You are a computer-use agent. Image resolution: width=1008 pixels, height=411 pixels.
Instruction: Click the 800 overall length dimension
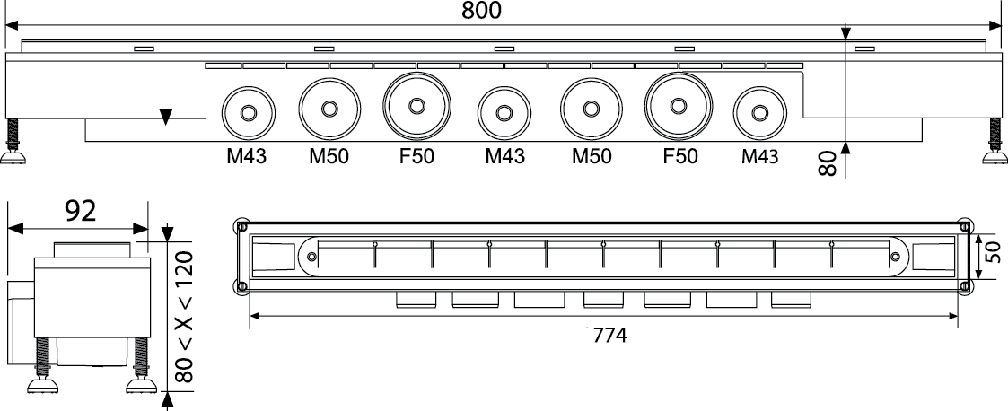pos(481,10)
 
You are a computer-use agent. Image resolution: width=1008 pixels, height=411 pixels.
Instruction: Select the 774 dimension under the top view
pos(609,335)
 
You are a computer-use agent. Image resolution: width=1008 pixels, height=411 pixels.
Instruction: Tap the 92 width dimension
pos(81,211)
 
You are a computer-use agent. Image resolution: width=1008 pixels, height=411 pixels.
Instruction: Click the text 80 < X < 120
pos(184,317)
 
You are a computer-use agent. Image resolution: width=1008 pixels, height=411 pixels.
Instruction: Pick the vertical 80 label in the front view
pos(828,163)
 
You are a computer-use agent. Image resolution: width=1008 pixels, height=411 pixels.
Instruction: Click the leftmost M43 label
pos(246,156)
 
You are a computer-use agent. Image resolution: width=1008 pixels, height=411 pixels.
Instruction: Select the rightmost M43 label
pos(759,156)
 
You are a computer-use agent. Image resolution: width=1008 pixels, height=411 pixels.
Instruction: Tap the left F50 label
pos(416,156)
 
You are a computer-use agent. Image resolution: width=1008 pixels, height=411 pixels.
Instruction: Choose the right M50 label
pos(592,156)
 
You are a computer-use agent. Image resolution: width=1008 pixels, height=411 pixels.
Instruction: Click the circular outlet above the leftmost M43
pos(248,113)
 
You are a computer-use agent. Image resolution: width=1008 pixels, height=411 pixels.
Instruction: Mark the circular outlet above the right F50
pos(679,106)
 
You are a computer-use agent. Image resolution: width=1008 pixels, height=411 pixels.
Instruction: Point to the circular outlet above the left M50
pos(329,109)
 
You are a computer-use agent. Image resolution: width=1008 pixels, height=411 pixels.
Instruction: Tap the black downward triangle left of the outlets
pos(166,117)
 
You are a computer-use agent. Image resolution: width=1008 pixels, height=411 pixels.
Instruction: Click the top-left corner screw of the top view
pos(241,226)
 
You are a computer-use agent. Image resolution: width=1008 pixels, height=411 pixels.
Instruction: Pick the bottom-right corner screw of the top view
pos(964,286)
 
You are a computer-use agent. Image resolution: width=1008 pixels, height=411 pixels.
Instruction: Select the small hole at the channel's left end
pos(311,257)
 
